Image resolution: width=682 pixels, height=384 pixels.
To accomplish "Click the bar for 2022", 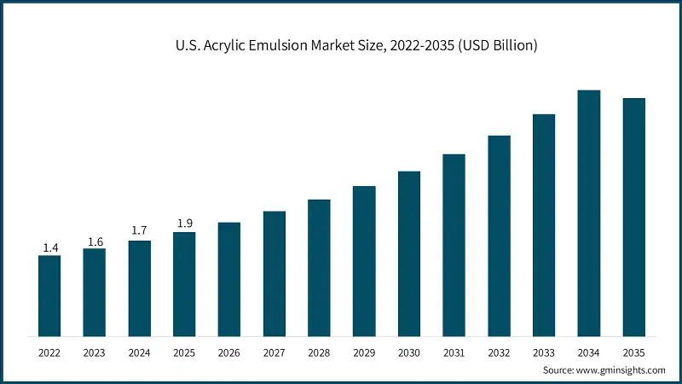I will tap(49, 295).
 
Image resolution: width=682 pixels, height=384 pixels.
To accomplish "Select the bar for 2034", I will tap(589, 212).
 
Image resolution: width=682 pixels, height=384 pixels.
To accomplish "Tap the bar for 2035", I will tap(634, 217).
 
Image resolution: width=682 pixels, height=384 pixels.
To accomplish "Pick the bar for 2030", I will tap(409, 253).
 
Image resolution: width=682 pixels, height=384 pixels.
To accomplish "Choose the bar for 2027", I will tap(275, 273).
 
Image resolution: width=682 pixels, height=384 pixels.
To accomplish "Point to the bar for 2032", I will tap(500, 236).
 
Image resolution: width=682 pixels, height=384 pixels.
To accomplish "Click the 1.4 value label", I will tap(49, 247).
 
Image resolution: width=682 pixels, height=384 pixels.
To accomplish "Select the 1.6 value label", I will tap(95, 241).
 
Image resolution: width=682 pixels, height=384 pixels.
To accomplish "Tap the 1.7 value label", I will tap(140, 231).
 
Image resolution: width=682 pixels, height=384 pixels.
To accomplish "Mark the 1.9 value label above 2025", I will tap(184, 224).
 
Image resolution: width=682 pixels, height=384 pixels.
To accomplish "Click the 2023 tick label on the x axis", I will tap(95, 352).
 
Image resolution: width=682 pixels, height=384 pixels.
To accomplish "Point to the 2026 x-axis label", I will tap(229, 352).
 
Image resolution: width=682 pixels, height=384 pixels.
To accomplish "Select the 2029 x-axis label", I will tap(364, 352).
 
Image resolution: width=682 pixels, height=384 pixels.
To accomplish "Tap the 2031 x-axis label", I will tap(454, 352).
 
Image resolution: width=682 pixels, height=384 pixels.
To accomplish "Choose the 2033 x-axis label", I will tap(544, 352).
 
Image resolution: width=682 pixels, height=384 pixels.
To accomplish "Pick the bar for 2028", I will tap(319, 267).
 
